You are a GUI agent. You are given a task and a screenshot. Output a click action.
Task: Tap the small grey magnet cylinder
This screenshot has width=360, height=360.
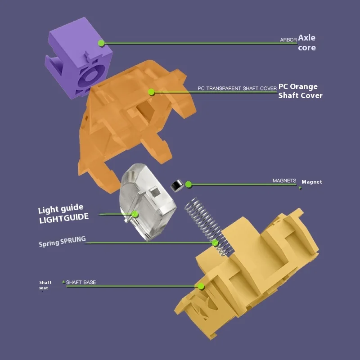pos(175,184)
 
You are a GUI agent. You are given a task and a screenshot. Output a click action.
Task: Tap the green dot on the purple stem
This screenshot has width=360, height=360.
pos(101,43)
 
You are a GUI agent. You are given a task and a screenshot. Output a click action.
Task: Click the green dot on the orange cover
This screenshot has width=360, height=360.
pos(152,92)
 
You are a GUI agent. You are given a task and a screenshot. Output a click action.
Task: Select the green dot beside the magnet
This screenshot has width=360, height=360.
pos(189,184)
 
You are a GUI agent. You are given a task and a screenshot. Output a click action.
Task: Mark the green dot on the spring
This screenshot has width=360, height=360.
pos(215,243)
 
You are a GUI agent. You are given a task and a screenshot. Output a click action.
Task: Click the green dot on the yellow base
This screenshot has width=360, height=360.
pos(201,286)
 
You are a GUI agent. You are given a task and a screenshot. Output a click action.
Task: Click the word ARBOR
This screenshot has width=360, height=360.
pos(288,40)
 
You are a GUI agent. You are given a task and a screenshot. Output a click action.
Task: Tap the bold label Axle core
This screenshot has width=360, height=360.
pos(307,43)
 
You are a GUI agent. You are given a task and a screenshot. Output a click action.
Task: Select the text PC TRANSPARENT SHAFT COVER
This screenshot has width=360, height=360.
pos(237,89)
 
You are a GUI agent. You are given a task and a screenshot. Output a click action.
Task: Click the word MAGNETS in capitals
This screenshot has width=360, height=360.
pos(284,181)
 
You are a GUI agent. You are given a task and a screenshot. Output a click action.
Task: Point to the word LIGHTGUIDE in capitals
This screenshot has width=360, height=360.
pos(63,218)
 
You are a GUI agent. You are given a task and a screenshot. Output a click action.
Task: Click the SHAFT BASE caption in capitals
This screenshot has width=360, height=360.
pos(81,283)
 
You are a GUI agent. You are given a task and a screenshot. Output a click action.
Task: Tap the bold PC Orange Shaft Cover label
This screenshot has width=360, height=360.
pos(300,90)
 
